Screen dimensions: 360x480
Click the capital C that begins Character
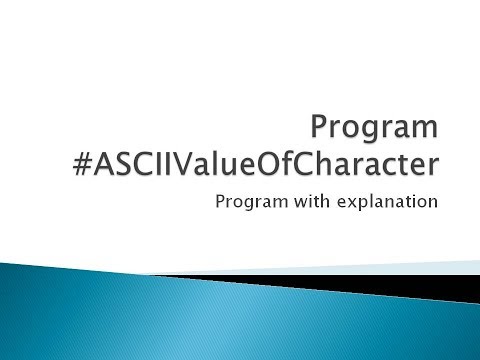point(353,165)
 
